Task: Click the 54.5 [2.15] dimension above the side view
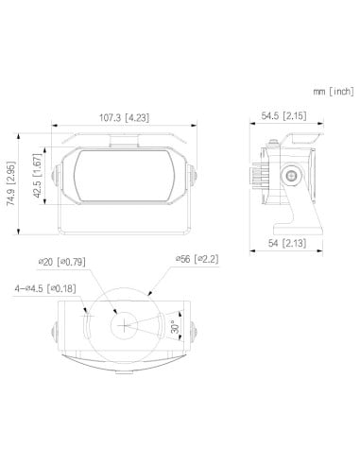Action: (283, 117)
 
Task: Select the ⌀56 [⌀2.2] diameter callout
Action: (197, 258)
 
